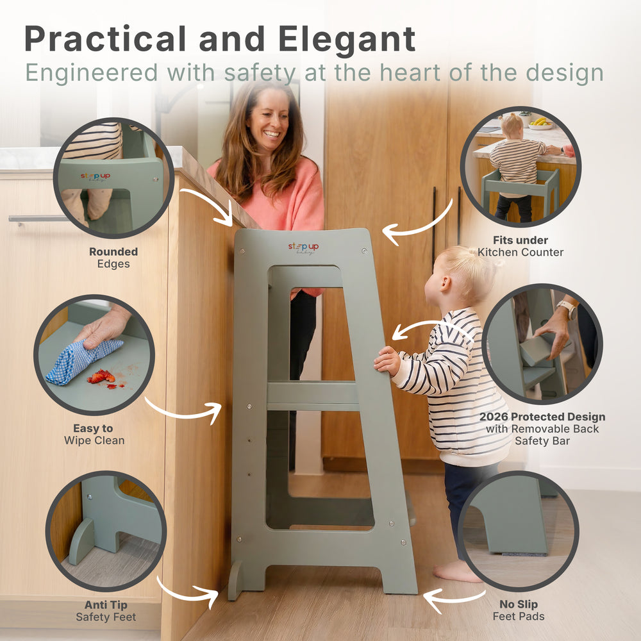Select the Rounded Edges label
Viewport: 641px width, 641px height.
pos(113,258)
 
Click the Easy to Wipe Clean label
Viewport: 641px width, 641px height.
pos(94,434)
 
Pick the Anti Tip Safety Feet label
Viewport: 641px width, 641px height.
pos(106,611)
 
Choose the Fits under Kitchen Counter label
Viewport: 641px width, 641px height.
pos(520,246)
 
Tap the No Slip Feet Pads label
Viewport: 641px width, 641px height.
pos(519,610)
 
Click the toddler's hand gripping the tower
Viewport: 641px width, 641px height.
pos(387,360)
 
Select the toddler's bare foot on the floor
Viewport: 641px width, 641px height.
pos(456,572)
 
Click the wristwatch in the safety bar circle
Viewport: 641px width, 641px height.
pos(567,310)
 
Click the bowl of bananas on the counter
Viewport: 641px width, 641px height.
pos(541,123)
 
